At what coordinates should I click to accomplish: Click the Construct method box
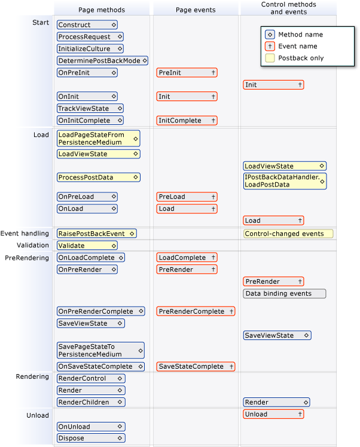pyautogui.click(x=87, y=25)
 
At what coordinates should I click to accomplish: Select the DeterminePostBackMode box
pyautogui.click(x=103, y=61)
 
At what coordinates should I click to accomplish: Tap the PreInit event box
pyautogui.click(x=187, y=73)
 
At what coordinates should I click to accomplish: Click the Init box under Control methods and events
pyautogui.click(x=273, y=85)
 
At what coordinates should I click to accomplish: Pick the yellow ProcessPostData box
pyautogui.click(x=99, y=177)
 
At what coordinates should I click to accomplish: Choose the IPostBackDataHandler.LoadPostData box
pyautogui.click(x=285, y=181)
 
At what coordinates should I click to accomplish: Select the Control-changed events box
pyautogui.click(x=288, y=234)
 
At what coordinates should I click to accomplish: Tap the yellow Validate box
pyautogui.click(x=87, y=246)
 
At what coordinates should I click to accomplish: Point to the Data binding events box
pyautogui.click(x=285, y=293)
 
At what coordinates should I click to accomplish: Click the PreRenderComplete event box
pyautogui.click(x=196, y=311)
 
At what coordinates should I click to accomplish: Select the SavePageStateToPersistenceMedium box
pyautogui.click(x=100, y=350)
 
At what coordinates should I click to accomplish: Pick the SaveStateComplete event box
pyautogui.click(x=196, y=366)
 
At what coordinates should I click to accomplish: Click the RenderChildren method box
pyautogui.click(x=91, y=402)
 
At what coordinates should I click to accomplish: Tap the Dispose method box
pyautogui.click(x=91, y=438)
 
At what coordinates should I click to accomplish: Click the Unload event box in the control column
pyautogui.click(x=273, y=414)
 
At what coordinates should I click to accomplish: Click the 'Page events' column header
pyautogui.click(x=196, y=10)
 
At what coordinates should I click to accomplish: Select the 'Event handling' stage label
pyautogui.click(x=25, y=234)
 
